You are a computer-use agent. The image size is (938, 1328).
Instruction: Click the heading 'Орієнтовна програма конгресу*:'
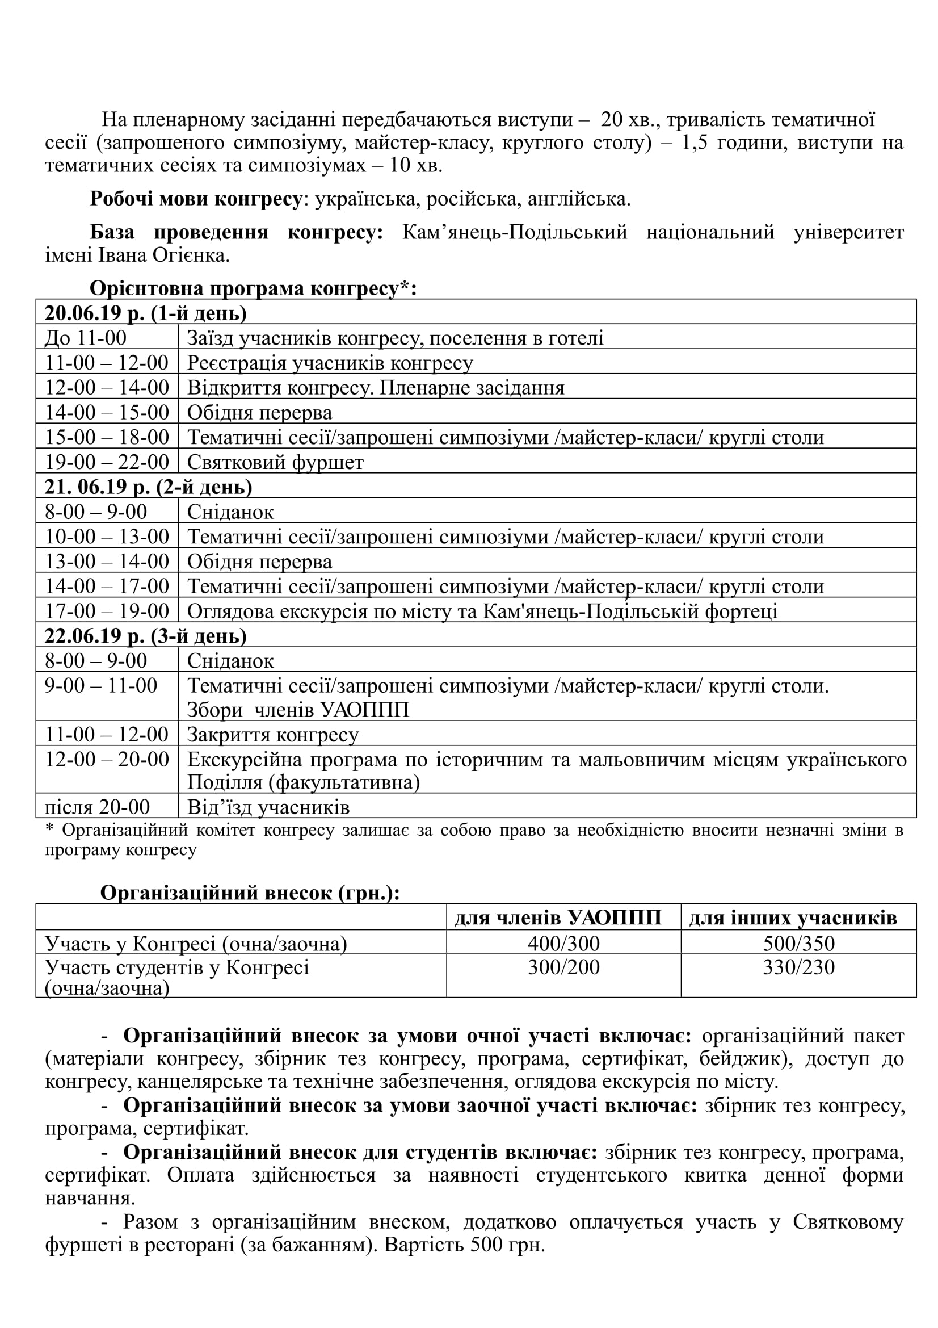(253, 288)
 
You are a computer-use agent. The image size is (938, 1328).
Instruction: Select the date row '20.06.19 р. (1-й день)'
(146, 313)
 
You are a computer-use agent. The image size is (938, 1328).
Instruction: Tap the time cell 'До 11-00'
(86, 338)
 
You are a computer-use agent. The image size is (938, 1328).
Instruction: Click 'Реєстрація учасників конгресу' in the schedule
(330, 363)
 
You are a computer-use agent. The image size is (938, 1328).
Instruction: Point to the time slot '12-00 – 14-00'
(107, 388)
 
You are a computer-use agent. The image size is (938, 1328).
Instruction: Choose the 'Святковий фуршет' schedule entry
(275, 462)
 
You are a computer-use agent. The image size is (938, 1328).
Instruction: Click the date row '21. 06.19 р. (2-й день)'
(149, 487)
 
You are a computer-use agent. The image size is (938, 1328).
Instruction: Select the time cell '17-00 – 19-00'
(107, 611)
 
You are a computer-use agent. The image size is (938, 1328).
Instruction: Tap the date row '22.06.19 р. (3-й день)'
(146, 636)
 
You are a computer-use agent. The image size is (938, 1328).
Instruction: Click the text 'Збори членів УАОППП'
(298, 710)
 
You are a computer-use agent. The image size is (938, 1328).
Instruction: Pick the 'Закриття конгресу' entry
(273, 735)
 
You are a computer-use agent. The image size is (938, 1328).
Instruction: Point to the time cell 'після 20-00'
(98, 807)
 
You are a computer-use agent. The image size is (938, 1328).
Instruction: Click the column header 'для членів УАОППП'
(558, 918)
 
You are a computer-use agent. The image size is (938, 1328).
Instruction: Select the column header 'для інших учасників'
(793, 918)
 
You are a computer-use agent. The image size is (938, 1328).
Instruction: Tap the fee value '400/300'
(563, 944)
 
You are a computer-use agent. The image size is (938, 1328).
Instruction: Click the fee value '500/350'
(799, 944)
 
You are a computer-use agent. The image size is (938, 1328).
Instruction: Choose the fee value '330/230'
(799, 967)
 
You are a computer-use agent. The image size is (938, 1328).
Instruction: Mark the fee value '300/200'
(563, 967)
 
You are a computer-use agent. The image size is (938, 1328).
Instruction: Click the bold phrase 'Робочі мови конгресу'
(196, 199)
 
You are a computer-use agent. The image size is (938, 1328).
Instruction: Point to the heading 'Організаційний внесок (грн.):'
(250, 893)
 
